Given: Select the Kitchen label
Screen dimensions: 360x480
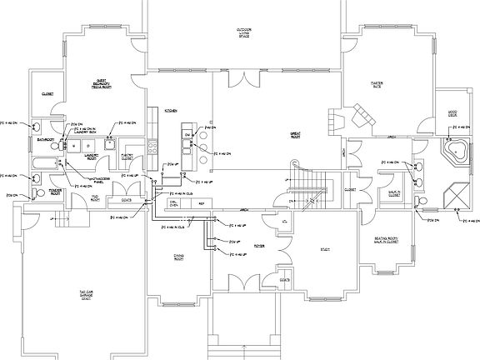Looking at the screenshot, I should pyautogui.click(x=171, y=109).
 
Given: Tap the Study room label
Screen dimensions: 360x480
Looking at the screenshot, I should pyautogui.click(x=326, y=248).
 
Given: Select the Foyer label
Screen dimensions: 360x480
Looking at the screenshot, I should pyautogui.click(x=259, y=246).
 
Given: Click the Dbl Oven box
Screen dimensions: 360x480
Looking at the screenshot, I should pyautogui.click(x=174, y=202).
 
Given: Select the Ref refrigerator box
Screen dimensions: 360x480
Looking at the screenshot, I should pyautogui.click(x=200, y=202).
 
